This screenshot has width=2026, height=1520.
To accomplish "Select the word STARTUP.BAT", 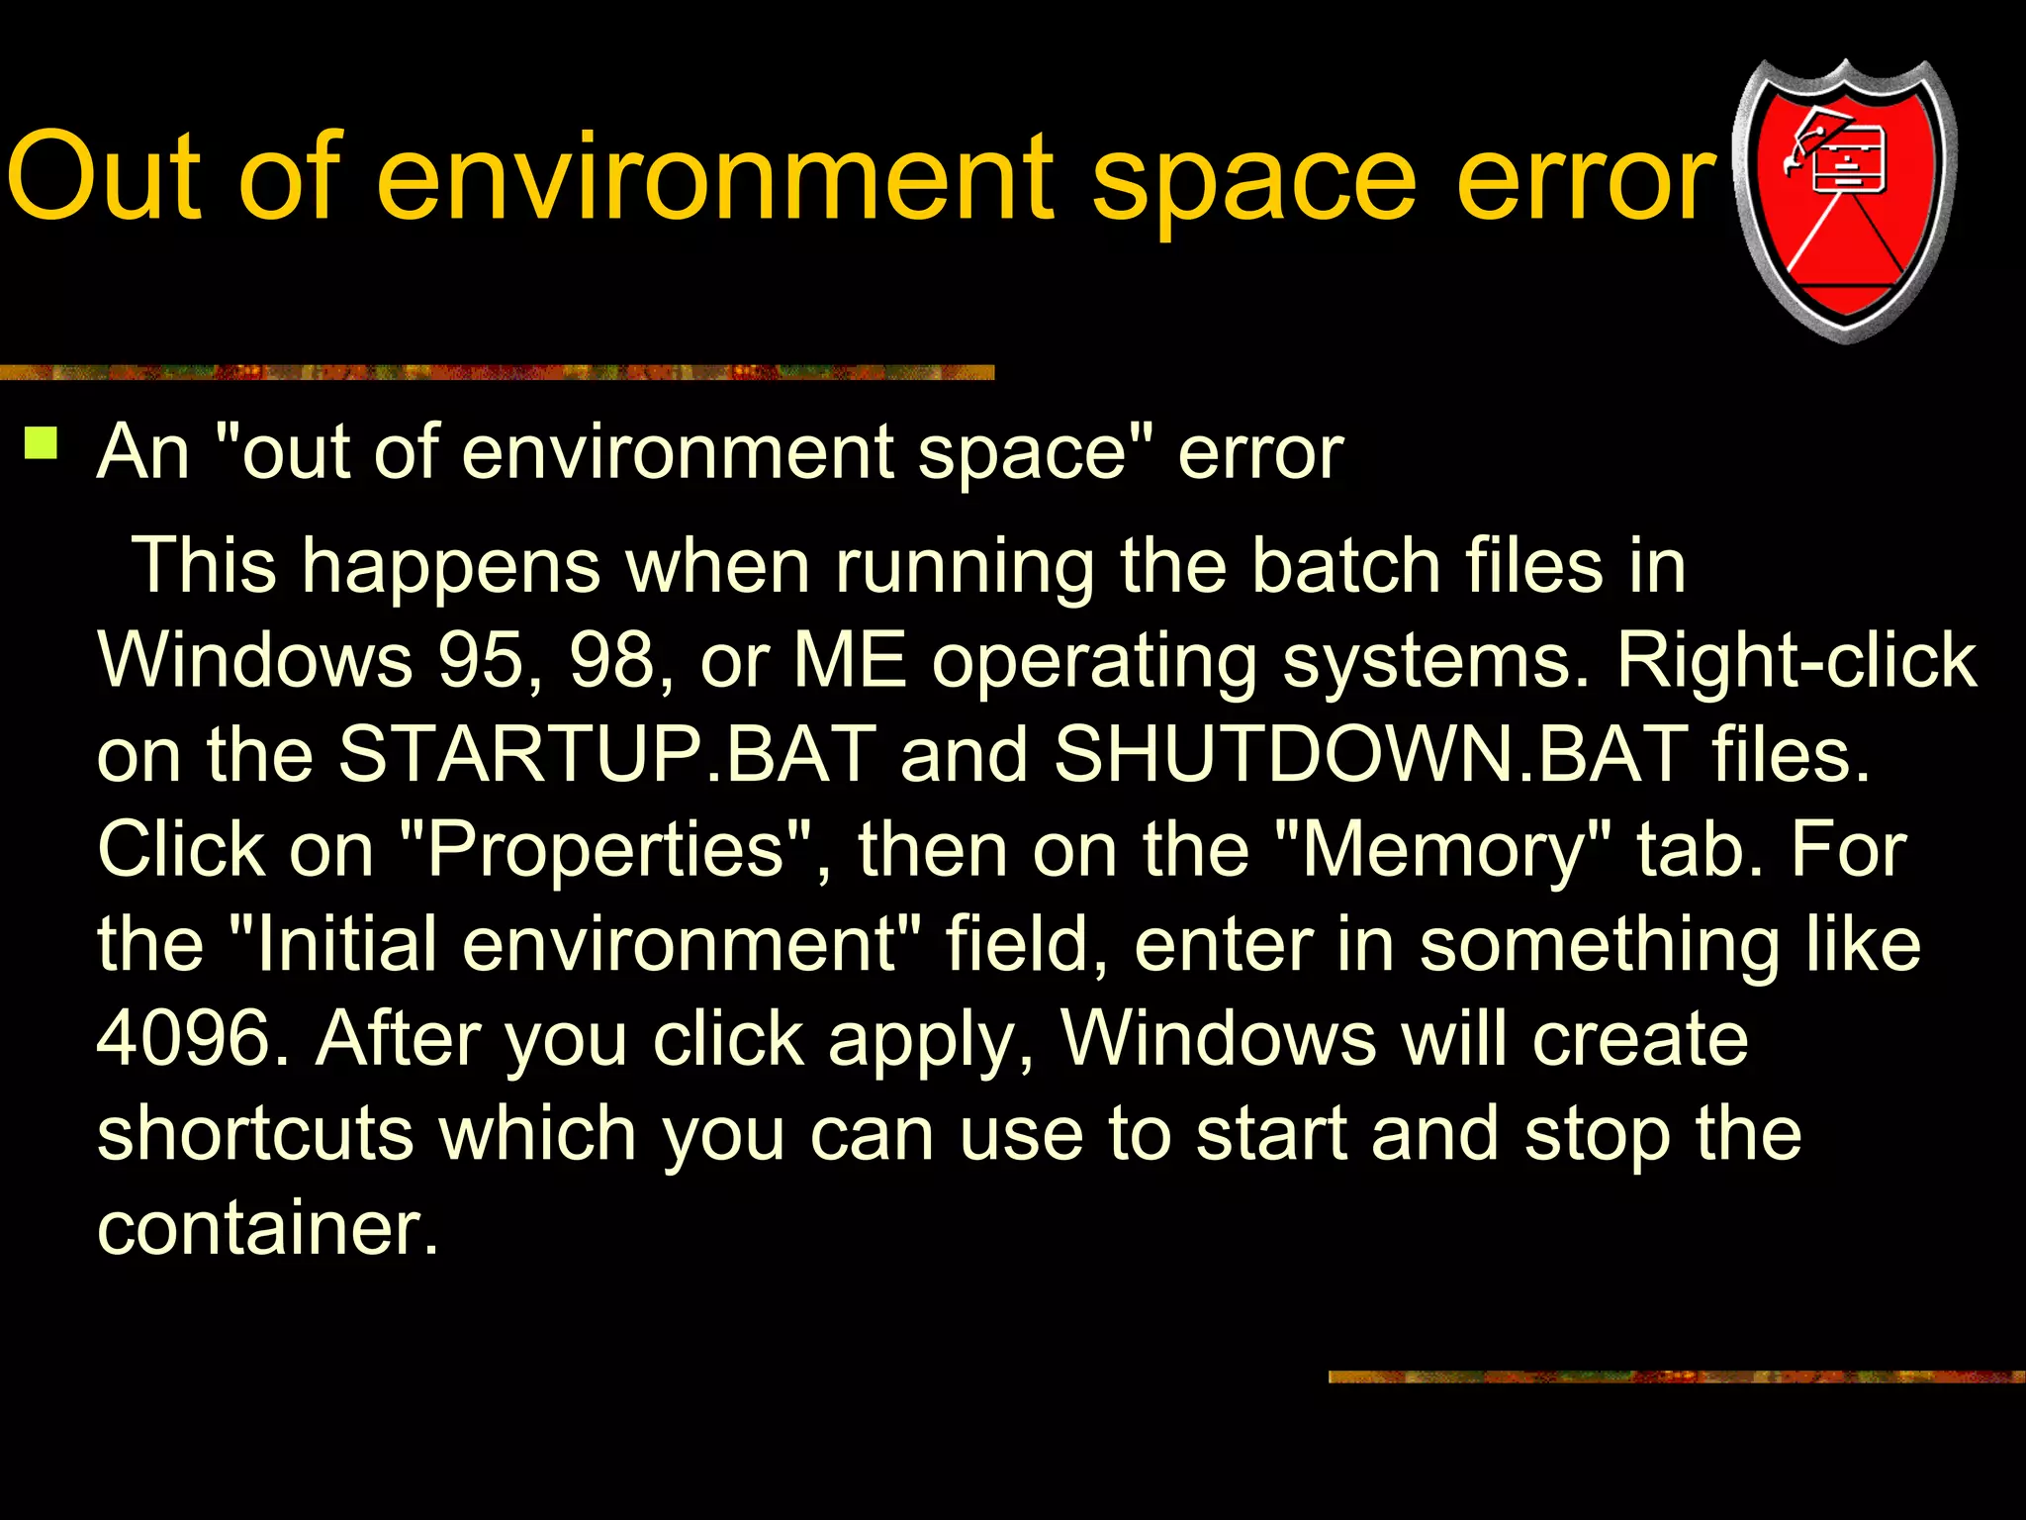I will click(606, 754).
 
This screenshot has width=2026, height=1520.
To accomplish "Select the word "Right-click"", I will click(1796, 660).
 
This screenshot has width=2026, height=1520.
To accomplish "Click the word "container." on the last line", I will click(267, 1228).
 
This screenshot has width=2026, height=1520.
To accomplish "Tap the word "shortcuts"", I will click(255, 1133).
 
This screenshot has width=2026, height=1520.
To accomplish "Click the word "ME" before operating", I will click(850, 660).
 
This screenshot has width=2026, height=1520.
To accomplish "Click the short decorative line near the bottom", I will click(1676, 1377).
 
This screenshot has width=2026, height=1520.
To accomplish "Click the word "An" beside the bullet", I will click(142, 452).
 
